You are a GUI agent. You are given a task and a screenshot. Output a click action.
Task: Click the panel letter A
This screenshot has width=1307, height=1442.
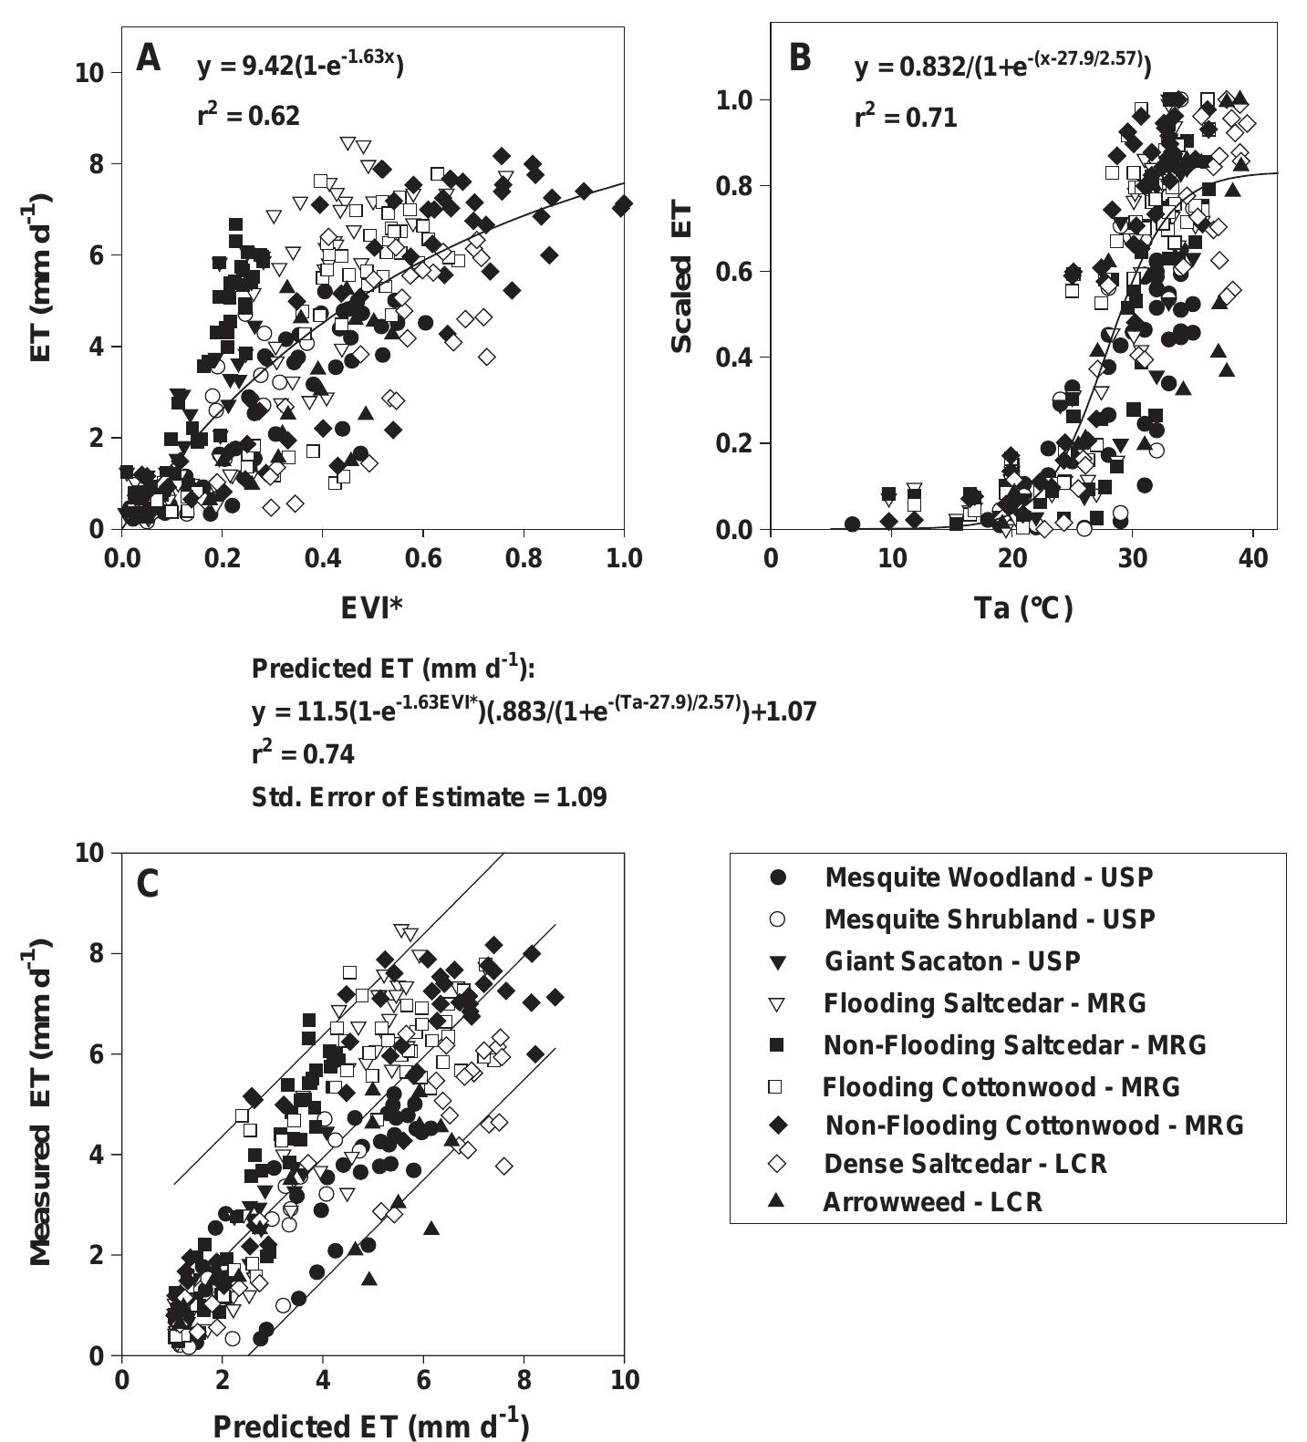(x=148, y=60)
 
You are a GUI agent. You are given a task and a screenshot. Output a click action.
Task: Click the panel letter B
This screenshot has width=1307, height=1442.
(x=799, y=58)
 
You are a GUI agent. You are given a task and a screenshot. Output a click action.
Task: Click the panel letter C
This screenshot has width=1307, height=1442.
(x=148, y=884)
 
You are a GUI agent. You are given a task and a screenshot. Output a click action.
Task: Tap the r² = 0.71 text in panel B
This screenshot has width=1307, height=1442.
(x=906, y=117)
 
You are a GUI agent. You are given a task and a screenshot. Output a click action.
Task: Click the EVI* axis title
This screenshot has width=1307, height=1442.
(x=371, y=607)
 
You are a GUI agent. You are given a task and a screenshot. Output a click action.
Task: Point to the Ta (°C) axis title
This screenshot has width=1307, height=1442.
(x=1023, y=607)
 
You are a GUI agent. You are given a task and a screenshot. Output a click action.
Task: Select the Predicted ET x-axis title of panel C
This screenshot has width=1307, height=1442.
(x=370, y=1426)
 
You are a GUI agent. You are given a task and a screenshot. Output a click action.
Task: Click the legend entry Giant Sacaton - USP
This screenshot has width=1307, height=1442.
(x=951, y=961)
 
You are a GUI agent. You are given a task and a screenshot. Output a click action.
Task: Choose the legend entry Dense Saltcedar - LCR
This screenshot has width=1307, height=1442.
(x=964, y=1164)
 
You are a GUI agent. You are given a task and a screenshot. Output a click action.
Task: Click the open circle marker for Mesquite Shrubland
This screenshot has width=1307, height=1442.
(x=778, y=919)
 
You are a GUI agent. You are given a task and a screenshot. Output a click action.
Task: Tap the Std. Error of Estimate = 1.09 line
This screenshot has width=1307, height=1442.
(x=429, y=797)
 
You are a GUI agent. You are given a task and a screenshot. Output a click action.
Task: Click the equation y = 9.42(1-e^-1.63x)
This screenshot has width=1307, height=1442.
(x=300, y=66)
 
